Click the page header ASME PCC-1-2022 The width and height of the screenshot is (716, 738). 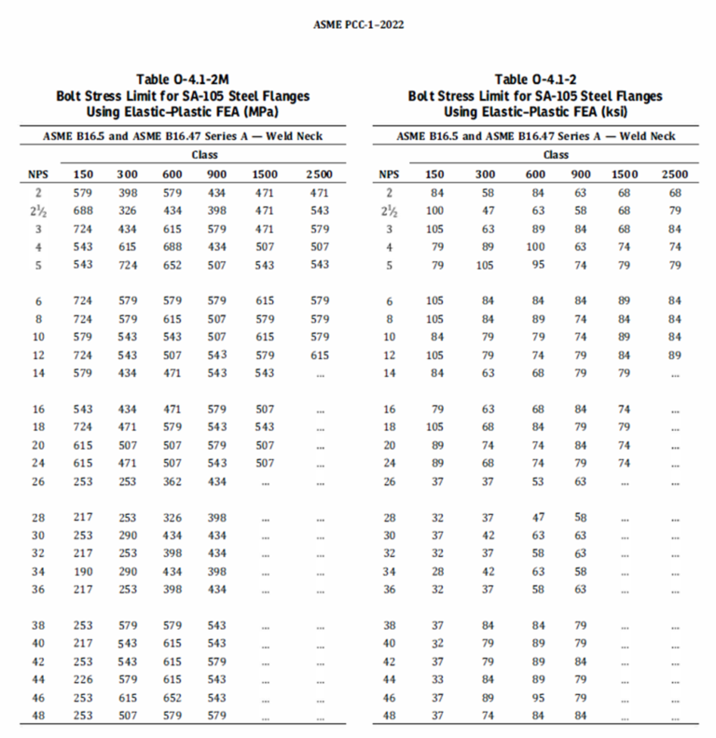[x=358, y=23]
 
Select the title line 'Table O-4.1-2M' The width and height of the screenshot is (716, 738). [x=183, y=80]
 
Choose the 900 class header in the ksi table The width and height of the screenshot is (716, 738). [x=581, y=174]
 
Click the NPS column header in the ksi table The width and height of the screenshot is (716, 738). [x=390, y=174]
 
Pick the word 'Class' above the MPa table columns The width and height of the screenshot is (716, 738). [x=205, y=155]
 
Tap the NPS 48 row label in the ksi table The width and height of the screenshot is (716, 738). [x=390, y=716]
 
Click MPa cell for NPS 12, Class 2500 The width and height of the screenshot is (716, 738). [x=320, y=355]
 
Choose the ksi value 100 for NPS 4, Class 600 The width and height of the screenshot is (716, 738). [x=534, y=246]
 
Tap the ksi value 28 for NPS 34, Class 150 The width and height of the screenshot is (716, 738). [x=435, y=570]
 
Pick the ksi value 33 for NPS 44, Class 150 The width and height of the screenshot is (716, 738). [x=435, y=680]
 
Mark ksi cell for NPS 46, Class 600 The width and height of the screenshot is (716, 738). [x=534, y=698]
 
